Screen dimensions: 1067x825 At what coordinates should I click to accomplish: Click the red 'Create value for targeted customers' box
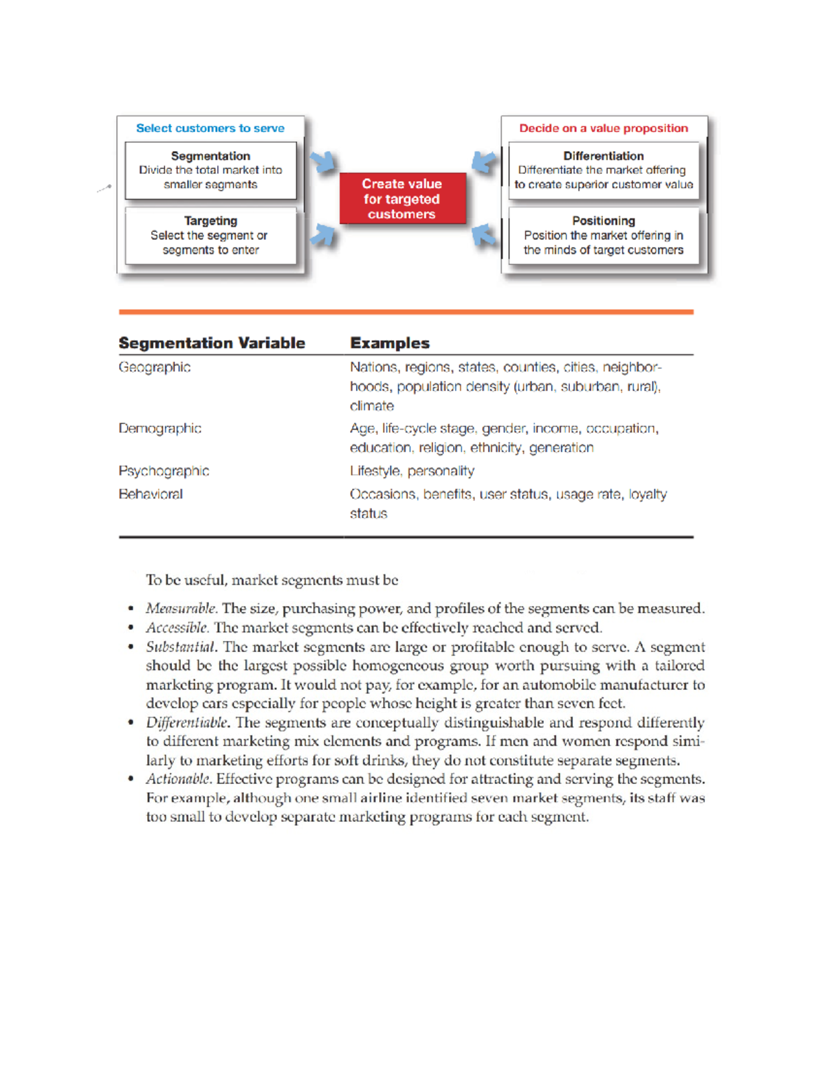[x=402, y=199]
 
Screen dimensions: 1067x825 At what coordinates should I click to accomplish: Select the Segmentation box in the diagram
[x=210, y=170]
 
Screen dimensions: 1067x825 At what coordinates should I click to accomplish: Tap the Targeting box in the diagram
[x=210, y=236]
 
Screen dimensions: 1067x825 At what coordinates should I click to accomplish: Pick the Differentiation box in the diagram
[x=603, y=170]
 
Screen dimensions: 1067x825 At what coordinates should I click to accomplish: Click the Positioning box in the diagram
[x=603, y=236]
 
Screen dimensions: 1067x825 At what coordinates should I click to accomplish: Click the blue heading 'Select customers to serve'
[x=210, y=128]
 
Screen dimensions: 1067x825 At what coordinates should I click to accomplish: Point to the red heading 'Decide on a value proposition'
[x=603, y=128]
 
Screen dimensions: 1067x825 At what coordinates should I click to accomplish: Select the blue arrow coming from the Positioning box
[x=483, y=235]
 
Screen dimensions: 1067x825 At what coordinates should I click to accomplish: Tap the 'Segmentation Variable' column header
[x=212, y=343]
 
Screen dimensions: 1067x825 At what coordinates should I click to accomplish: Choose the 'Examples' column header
[x=390, y=343]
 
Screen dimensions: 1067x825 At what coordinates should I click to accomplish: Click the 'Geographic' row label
[x=155, y=368]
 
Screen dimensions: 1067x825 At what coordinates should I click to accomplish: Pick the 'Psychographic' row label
[x=164, y=471]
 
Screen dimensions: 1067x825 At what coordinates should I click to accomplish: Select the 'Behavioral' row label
[x=151, y=494]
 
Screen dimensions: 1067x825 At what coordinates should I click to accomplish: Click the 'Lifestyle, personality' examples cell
[x=412, y=471]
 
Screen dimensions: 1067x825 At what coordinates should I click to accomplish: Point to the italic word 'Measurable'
[x=181, y=609]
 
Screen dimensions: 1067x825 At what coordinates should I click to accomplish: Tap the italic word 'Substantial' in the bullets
[x=181, y=647]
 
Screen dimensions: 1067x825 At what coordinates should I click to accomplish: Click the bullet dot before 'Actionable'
[x=131, y=779]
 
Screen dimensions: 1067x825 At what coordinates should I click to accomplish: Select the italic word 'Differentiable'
[x=186, y=723]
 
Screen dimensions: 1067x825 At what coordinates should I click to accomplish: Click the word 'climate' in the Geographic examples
[x=372, y=406]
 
